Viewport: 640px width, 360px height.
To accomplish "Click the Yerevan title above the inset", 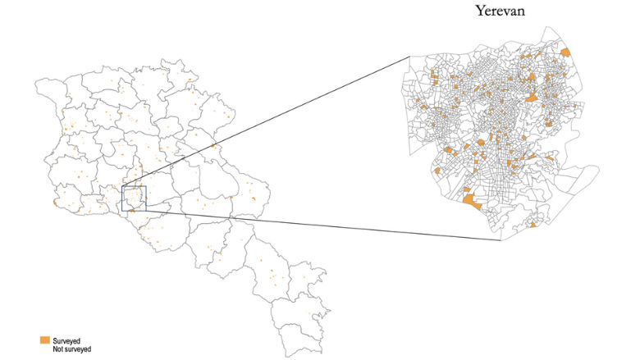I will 501,11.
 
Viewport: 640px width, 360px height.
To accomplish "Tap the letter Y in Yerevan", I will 478,11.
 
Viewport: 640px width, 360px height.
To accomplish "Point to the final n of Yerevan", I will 522,12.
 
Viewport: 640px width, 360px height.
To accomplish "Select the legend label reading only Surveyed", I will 66,339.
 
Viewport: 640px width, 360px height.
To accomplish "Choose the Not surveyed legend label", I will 71,349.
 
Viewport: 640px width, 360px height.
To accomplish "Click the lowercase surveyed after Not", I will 77,349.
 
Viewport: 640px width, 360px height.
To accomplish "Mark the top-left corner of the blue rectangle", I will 121,186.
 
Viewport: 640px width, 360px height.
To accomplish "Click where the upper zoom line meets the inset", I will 409,56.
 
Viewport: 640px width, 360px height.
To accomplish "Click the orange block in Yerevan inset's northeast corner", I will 565,52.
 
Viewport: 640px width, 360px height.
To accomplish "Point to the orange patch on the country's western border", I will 54,201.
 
